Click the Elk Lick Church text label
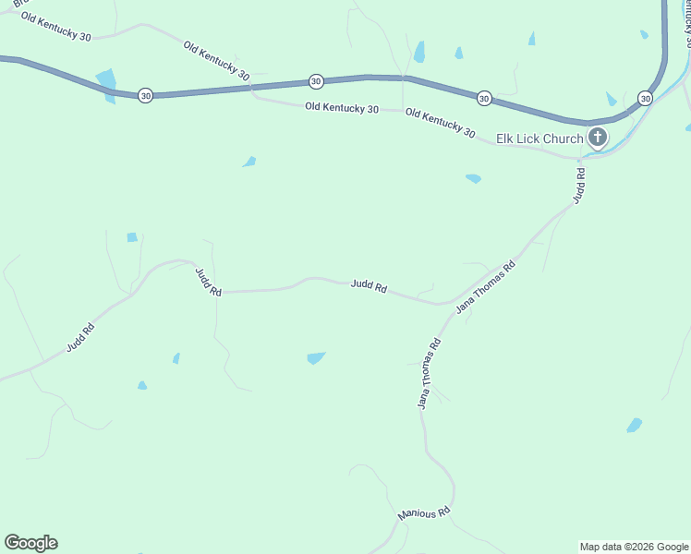click(x=539, y=139)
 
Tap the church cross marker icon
click(x=598, y=138)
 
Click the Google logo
click(x=30, y=543)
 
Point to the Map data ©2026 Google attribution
click(x=635, y=547)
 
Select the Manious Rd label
click(x=423, y=512)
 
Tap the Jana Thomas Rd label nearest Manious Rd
click(x=429, y=373)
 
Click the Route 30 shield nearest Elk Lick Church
click(x=645, y=98)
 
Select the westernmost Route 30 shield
click(x=145, y=95)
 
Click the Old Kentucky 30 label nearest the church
click(x=440, y=124)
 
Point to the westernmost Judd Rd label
click(x=80, y=337)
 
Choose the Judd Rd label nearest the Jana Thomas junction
click(x=369, y=286)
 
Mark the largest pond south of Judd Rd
click(x=316, y=357)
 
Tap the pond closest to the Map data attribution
click(x=634, y=425)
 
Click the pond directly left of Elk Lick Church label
click(x=473, y=178)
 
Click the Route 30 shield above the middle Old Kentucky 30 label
click(x=316, y=81)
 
